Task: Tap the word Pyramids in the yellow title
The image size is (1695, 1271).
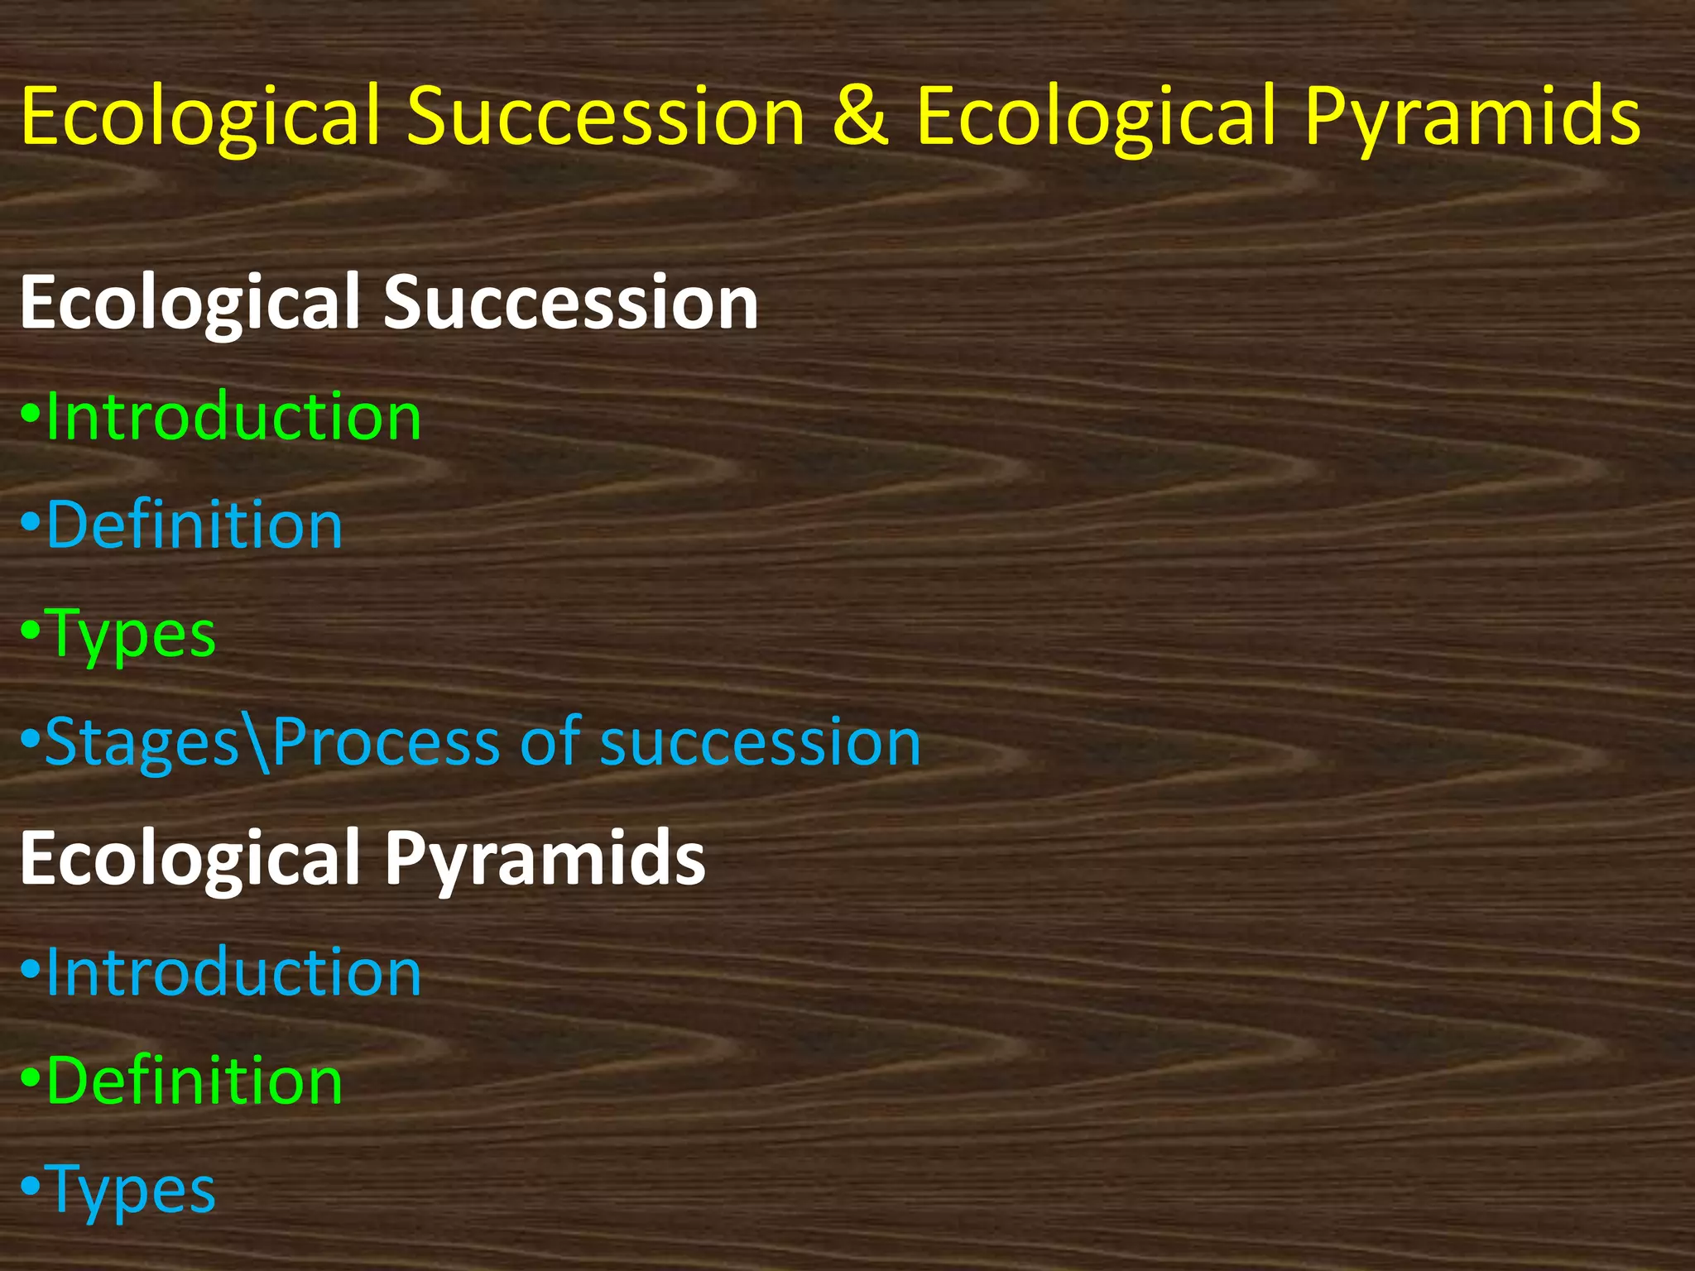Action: (1472, 118)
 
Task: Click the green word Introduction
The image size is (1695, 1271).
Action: (234, 416)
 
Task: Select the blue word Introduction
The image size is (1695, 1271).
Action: (234, 972)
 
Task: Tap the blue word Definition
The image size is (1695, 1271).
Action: (194, 525)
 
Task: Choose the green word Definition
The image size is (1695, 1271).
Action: (194, 1081)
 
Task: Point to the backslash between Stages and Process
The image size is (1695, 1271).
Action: (257, 743)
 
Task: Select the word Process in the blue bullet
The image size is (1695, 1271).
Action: (386, 742)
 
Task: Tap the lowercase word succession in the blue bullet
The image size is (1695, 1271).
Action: (760, 742)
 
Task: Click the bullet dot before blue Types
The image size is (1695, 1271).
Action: (30, 1188)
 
